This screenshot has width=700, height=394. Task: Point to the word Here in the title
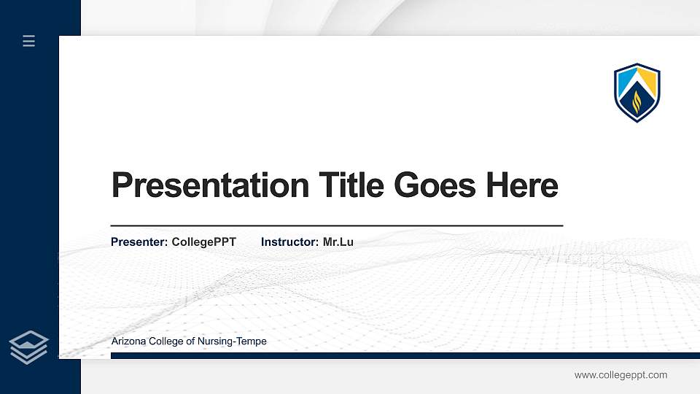point(522,185)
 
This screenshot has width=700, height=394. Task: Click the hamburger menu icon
point(29,41)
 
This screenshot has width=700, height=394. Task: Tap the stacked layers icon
point(29,347)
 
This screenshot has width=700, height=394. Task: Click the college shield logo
point(637,93)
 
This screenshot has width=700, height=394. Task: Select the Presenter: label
point(139,242)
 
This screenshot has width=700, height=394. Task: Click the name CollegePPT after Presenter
point(204,242)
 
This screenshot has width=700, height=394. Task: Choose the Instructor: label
point(290,242)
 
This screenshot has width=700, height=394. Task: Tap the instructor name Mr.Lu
point(338,242)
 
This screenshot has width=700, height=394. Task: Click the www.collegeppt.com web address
point(621,375)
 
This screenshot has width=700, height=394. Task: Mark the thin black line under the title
point(336,225)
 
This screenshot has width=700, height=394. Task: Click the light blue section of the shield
point(626,78)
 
